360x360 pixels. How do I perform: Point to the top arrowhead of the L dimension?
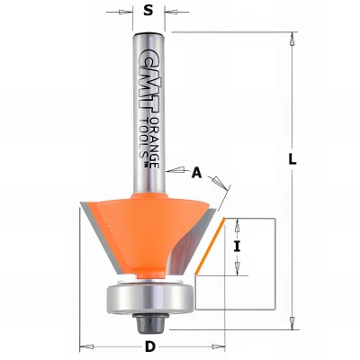pyautogui.click(x=293, y=38)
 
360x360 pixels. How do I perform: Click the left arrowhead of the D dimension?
pyautogui.click(x=86, y=345)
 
